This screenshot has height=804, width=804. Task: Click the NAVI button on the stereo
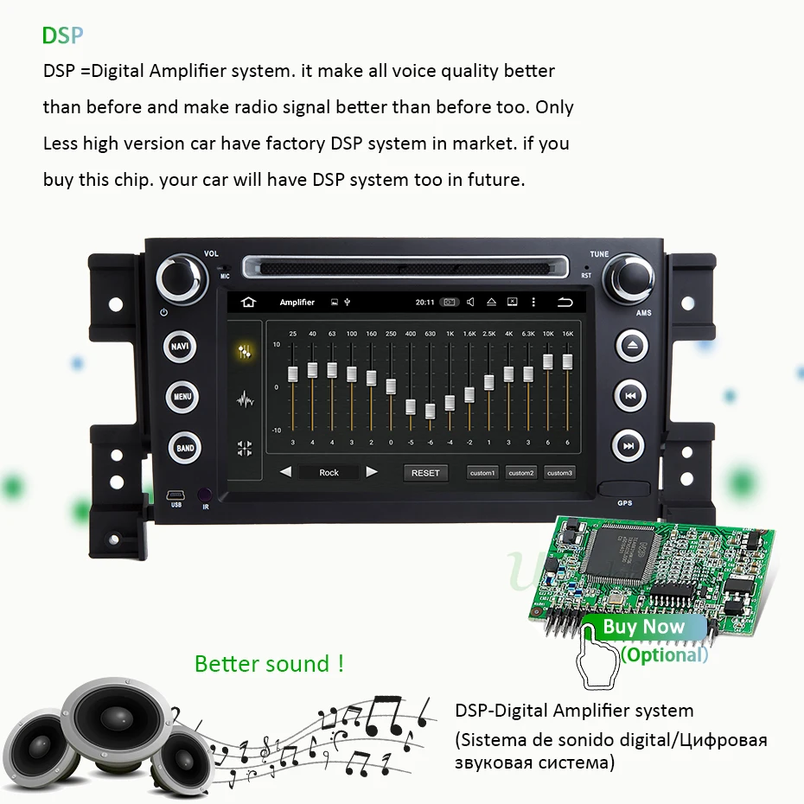(180, 347)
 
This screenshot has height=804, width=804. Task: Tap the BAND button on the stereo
(185, 448)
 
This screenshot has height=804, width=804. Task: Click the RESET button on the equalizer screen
(425, 473)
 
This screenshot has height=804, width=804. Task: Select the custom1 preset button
(482, 473)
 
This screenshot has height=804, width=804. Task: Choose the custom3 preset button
(559, 473)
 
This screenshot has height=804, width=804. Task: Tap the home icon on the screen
(249, 303)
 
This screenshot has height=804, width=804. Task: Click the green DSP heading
(62, 35)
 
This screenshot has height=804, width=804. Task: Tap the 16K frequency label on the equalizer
(567, 334)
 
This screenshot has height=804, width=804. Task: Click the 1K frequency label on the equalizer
(450, 334)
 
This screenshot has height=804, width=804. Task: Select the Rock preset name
(329, 473)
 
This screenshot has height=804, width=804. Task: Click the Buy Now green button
(643, 627)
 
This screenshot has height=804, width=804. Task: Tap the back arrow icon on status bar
(565, 303)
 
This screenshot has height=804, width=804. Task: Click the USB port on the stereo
(175, 496)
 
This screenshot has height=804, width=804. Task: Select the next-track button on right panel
(629, 447)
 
